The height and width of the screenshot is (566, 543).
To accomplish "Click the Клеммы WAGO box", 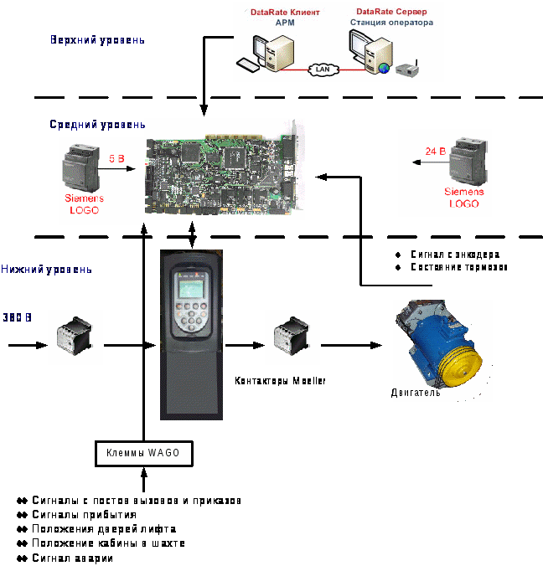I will (143, 454).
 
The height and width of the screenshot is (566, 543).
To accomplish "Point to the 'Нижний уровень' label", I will (47, 270).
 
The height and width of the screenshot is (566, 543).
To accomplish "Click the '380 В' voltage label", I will (17, 317).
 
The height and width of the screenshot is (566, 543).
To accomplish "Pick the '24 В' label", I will (434, 152).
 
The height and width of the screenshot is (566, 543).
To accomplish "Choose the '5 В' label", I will (116, 157).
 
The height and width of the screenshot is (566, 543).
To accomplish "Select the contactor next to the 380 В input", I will (75, 337).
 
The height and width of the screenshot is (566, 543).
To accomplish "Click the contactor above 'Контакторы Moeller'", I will (288, 337).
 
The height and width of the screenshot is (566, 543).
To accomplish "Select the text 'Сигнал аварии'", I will (73, 558).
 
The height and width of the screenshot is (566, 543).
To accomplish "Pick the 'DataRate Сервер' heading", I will (390, 12).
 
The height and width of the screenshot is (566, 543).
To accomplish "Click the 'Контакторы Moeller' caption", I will (280, 381).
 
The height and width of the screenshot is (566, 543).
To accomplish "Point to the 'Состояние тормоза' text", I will (458, 267).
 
